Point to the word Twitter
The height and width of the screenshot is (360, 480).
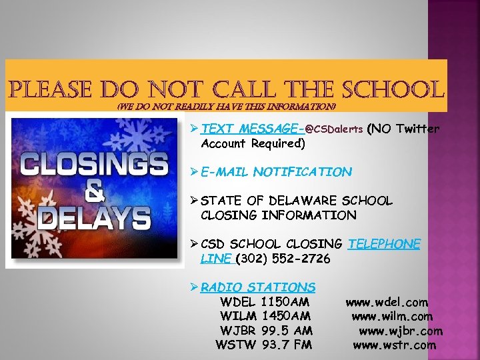tap(417, 129)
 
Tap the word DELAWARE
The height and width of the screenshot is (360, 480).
tap(299, 201)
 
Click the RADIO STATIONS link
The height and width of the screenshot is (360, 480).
tap(258, 287)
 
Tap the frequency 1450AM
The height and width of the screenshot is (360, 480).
tap(287, 316)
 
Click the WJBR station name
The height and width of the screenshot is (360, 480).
tap(239, 331)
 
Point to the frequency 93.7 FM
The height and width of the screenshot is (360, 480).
tap(287, 345)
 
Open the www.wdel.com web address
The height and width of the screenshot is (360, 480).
tap(387, 302)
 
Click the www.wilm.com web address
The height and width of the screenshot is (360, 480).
tap(392, 316)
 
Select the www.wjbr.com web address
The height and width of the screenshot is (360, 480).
tap(401, 331)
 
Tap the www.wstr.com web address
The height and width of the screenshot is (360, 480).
tap(394, 345)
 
